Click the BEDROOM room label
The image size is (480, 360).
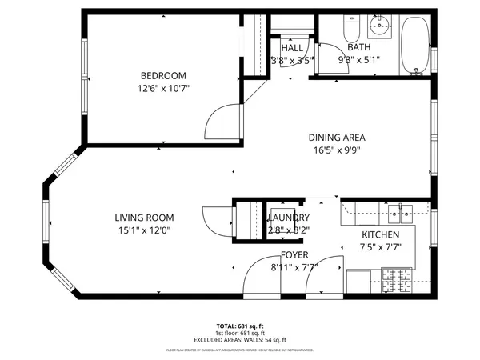point(163,76)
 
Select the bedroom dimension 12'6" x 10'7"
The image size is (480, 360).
point(163,89)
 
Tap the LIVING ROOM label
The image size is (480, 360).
point(144,218)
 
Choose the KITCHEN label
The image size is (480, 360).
point(380,234)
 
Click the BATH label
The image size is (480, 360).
point(358,47)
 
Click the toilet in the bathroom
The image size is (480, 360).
point(350,30)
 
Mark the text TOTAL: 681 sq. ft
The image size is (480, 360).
point(239,326)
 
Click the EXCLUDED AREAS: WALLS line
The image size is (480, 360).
point(239,341)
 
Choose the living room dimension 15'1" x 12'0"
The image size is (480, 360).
point(144,230)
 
